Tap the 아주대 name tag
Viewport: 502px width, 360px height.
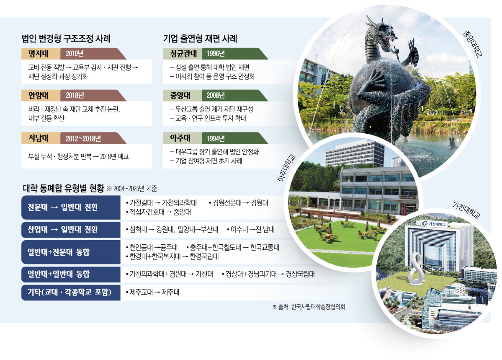coord(179,138)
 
